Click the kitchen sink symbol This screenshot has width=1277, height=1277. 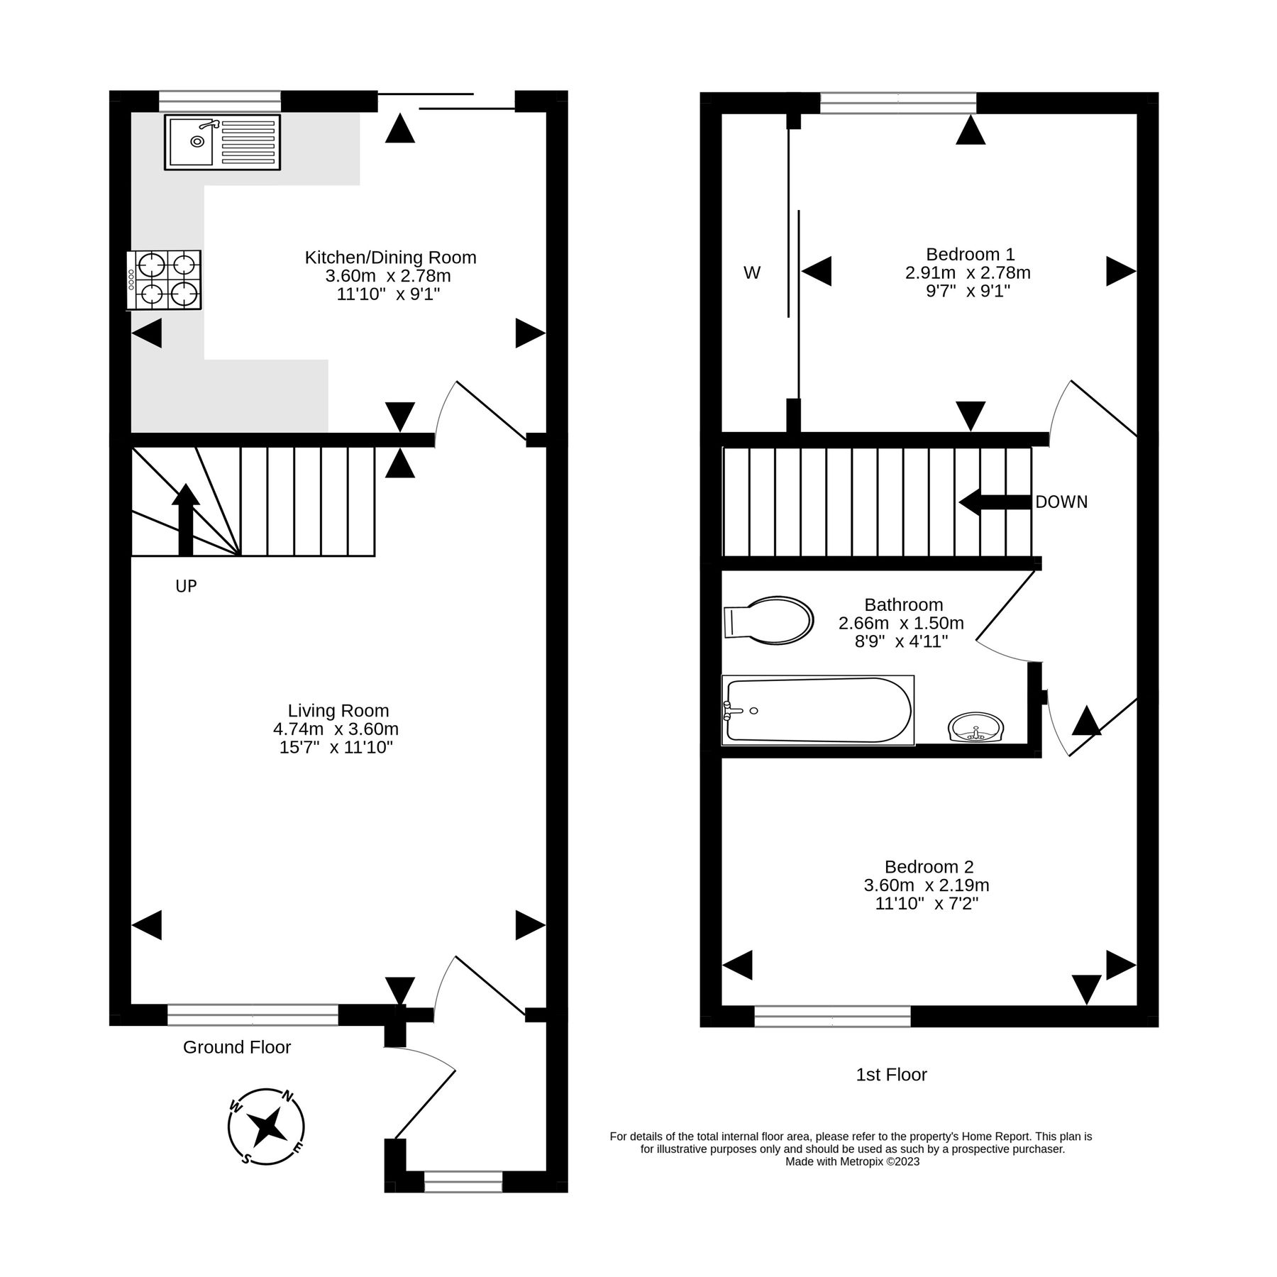[222, 143]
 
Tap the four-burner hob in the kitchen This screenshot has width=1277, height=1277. [165, 280]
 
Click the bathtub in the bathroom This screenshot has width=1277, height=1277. [817, 710]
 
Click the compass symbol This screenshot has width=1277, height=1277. [266, 1126]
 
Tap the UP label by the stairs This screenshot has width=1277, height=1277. [186, 586]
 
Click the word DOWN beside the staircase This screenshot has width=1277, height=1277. [1061, 502]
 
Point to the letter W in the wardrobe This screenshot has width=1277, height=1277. [752, 272]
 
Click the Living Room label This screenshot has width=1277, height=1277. [338, 710]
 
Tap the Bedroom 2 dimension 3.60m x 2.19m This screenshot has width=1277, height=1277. [926, 885]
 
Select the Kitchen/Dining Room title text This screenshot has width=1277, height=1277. [390, 257]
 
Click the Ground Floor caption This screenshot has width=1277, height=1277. [237, 1047]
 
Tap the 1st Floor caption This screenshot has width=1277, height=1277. [891, 1075]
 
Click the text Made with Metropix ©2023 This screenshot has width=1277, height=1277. [852, 1162]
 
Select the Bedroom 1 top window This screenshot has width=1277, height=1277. [897, 104]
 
